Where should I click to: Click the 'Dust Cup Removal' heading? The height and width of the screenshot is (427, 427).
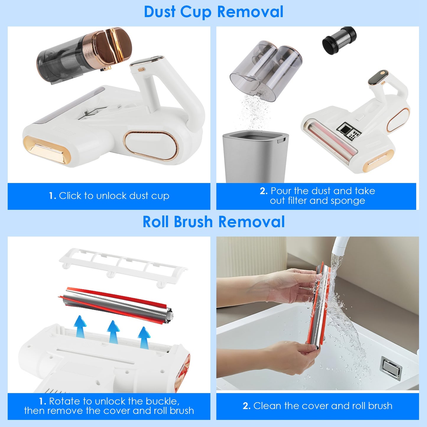(x=213, y=12)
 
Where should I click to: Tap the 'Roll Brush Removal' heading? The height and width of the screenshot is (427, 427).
(x=213, y=222)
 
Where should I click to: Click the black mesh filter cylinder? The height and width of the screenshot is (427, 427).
(x=339, y=40)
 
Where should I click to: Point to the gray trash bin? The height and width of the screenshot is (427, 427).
(x=255, y=157)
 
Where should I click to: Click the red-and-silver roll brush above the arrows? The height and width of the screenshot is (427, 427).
(x=117, y=304)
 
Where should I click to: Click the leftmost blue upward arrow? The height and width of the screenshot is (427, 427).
(x=80, y=326)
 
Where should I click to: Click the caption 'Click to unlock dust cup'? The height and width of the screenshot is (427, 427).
(x=109, y=196)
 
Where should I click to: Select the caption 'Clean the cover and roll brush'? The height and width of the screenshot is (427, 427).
(x=317, y=406)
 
